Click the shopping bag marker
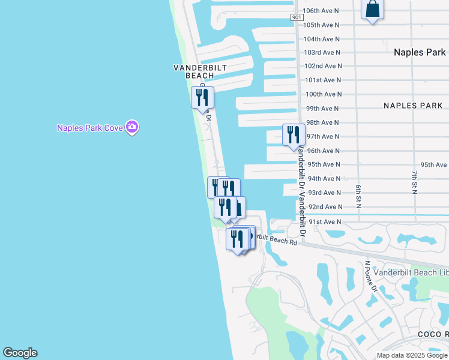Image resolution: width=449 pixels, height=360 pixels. pyautogui.click(x=372, y=10)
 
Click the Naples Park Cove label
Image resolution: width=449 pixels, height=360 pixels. pyautogui.click(x=90, y=128)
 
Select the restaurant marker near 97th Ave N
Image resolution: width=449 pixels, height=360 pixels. pyautogui.click(x=294, y=135)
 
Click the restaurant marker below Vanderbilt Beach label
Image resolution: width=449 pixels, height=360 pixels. pyautogui.click(x=202, y=98)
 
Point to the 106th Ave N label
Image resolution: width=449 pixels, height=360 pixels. pyautogui.click(x=321, y=11)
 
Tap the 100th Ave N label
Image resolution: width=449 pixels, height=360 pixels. pyautogui.click(x=324, y=94)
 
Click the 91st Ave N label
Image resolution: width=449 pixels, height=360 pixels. pyautogui.click(x=324, y=222)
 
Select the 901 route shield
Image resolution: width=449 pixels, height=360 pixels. pyautogui.click(x=297, y=17)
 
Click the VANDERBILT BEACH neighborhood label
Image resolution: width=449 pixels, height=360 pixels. pyautogui.click(x=200, y=71)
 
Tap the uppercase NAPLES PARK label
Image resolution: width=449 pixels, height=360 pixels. pyautogui.click(x=413, y=106)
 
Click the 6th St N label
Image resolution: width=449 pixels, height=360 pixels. pyautogui.click(x=358, y=196)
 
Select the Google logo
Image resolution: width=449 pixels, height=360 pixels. pyautogui.click(x=20, y=353)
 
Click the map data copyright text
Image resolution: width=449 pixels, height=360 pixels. pyautogui.click(x=412, y=355)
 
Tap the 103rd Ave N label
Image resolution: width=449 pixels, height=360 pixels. pyautogui.click(x=322, y=53)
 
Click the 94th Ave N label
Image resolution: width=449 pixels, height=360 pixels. pyautogui.click(x=324, y=179)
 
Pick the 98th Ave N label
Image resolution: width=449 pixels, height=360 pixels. pyautogui.click(x=324, y=122)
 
